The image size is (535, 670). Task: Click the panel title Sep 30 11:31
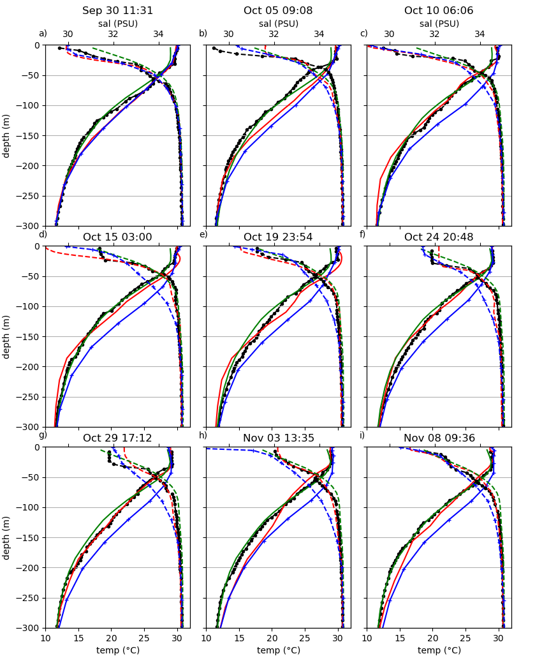click(x=117, y=11)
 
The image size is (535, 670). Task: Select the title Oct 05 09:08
click(x=278, y=11)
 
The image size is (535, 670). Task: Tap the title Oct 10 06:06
click(x=439, y=11)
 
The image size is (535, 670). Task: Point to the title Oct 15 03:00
click(x=117, y=237)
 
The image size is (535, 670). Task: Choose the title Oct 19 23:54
click(x=278, y=237)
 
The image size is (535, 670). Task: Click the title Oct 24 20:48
click(x=439, y=237)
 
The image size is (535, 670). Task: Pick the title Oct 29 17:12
click(x=117, y=438)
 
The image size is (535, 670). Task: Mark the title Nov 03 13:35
click(x=278, y=438)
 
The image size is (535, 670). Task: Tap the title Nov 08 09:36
click(x=439, y=438)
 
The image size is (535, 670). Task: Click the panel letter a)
click(x=43, y=34)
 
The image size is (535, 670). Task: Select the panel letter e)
click(x=203, y=235)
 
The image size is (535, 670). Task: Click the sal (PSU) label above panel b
click(x=278, y=24)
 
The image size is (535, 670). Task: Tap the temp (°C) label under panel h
click(x=278, y=651)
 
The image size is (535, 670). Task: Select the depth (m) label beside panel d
click(x=7, y=336)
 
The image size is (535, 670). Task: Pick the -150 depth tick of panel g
click(x=29, y=538)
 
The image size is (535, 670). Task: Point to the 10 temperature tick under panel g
click(x=45, y=637)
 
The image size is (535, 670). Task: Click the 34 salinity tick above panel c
click(x=480, y=34)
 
